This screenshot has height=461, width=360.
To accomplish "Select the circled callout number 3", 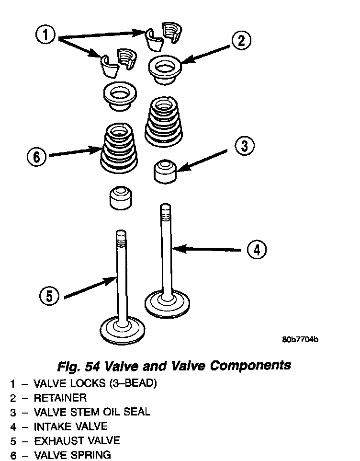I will click(x=244, y=146).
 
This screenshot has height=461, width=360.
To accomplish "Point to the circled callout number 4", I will click(x=256, y=249).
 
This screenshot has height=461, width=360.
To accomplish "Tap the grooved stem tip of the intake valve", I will click(x=165, y=210).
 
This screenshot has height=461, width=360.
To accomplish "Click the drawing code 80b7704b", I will click(x=300, y=340).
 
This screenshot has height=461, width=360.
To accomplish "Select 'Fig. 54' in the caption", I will click(x=77, y=366).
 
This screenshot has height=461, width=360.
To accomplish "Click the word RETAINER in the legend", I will click(x=60, y=398).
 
